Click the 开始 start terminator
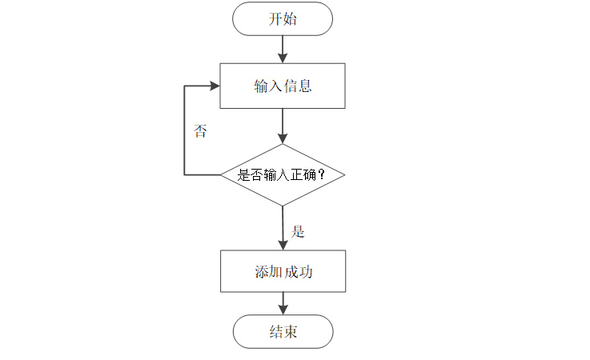click(282, 18)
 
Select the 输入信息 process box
click(282, 86)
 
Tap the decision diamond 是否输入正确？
click(282, 174)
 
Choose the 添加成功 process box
click(282, 272)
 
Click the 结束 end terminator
click(282, 331)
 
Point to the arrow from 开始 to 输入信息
click(282, 49)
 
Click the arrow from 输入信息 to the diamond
click(282, 126)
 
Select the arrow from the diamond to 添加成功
click(282, 228)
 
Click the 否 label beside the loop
click(200, 132)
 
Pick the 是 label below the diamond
click(298, 232)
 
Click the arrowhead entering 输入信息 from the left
click(214, 86)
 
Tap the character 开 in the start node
click(275, 19)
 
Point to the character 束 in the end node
click(290, 332)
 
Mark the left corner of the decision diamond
click(222, 174)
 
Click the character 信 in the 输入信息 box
click(290, 86)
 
